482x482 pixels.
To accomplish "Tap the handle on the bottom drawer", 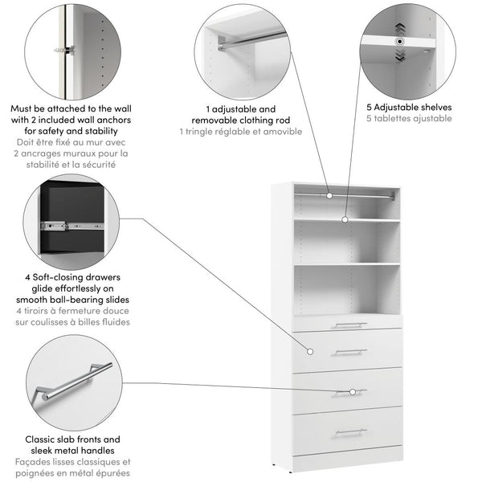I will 350,431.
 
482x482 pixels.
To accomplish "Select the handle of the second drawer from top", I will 350,351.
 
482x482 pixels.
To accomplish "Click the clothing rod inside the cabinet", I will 345,194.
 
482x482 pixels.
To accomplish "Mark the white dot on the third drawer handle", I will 353,392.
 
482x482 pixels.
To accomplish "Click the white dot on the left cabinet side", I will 308,350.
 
